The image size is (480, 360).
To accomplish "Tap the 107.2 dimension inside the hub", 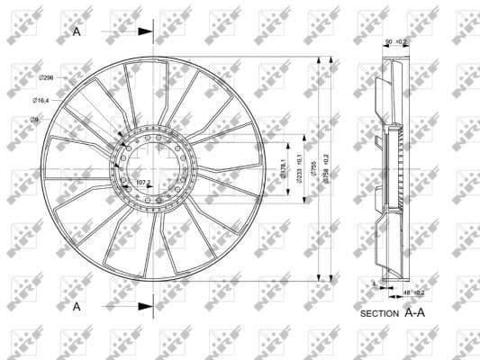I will point(142,183).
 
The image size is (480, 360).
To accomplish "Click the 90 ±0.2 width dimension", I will point(395,42).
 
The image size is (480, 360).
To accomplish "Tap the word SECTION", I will point(379,315).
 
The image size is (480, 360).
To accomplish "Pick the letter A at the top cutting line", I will point(77,31).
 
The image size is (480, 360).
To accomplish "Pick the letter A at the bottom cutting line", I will point(77,307).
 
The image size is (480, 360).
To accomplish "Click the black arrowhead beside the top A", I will point(145,31).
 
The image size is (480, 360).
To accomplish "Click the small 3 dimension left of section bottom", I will point(374,283).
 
